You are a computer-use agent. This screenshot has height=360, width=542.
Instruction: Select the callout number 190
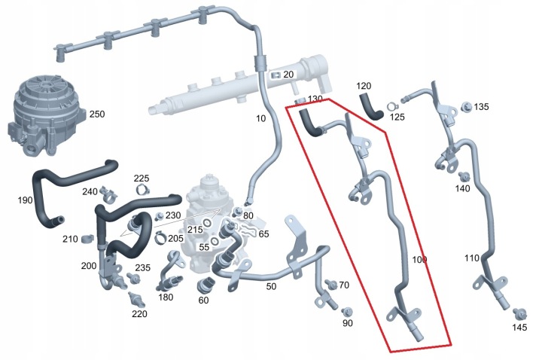[25, 200]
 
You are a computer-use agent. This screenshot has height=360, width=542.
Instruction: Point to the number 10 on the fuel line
[261, 119]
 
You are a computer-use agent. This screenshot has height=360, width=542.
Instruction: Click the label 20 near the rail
[288, 75]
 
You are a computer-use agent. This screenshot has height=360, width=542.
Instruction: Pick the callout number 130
[315, 99]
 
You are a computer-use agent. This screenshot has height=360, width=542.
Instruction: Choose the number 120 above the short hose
[364, 86]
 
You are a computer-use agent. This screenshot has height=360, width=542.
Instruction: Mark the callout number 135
[481, 107]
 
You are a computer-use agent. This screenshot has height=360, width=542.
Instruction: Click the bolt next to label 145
[518, 312]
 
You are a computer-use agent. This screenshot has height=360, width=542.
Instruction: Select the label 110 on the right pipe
[472, 258]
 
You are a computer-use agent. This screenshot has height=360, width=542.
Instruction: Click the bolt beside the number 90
[347, 311]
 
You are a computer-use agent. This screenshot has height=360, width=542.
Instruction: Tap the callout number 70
[344, 285]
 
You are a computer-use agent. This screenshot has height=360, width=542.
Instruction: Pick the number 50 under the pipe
[271, 287]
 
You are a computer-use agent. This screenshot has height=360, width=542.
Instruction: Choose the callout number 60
[203, 301]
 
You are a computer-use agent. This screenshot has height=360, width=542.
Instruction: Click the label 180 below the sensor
[166, 297]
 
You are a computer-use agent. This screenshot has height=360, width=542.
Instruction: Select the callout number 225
[142, 178]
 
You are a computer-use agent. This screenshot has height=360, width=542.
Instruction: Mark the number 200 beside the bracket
[88, 267]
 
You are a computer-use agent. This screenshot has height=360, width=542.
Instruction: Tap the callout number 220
[139, 314]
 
